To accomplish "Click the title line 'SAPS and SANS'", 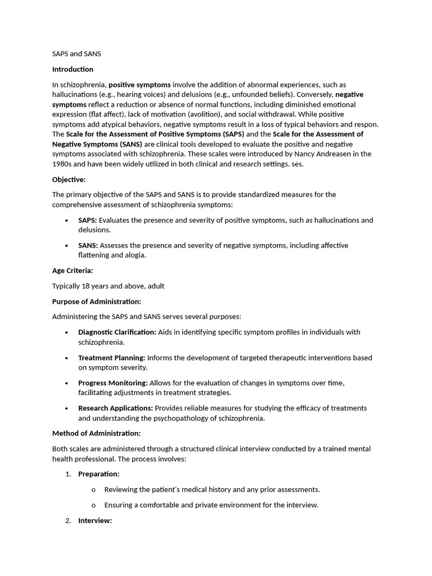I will click(76, 54).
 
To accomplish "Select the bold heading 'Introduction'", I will click(73, 69).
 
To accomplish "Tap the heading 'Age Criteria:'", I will click(73, 271).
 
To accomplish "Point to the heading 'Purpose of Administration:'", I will click(97, 301).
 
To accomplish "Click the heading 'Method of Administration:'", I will click(96, 433).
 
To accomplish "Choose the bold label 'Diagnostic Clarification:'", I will click(117, 332).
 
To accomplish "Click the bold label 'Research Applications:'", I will click(115, 408).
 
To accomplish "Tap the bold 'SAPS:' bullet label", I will click(88, 220).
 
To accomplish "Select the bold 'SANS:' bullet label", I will click(88, 245).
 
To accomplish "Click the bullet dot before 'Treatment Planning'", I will click(67, 358).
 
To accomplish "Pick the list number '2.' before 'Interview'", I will click(67, 520).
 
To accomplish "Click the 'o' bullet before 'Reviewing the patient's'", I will click(93, 489).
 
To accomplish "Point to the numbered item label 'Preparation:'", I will click(98, 474).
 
